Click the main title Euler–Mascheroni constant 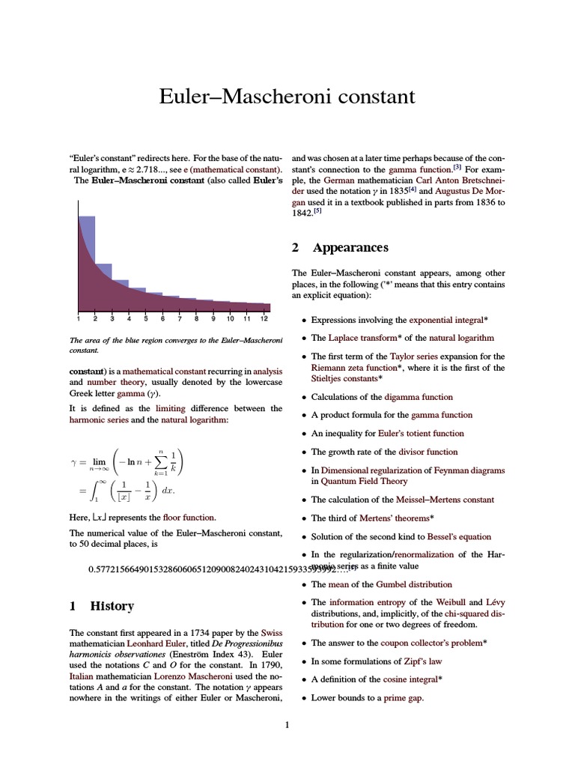click(287, 97)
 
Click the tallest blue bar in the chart click(87, 247)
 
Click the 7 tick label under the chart click(180, 318)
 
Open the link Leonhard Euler click(156, 643)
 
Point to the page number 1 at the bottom click(287, 725)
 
